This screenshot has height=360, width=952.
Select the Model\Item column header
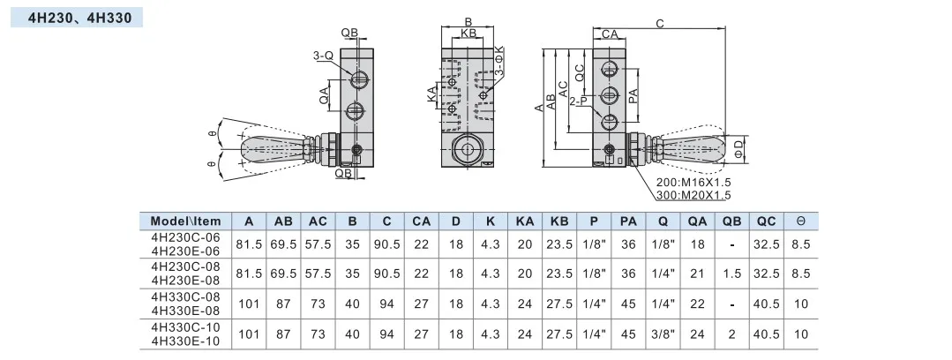(186, 221)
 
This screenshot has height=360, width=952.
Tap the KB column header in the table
(558, 221)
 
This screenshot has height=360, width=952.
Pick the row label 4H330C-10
(186, 327)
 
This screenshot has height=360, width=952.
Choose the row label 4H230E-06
(186, 251)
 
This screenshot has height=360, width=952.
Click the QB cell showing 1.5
(732, 274)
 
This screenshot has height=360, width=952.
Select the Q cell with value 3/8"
(663, 334)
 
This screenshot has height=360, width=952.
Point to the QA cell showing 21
(698, 274)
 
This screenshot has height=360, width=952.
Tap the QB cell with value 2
(732, 334)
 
